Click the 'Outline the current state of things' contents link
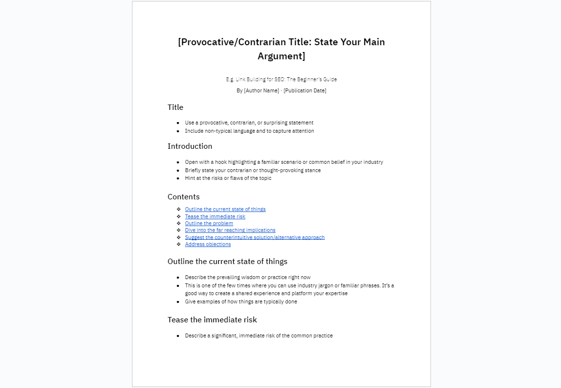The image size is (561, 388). coord(225,210)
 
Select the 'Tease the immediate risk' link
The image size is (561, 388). coord(215,216)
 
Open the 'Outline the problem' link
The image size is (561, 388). coord(209,224)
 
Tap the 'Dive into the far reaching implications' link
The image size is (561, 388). coord(230,230)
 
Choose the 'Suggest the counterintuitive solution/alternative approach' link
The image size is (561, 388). coord(254,237)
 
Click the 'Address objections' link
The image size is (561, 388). coord(207,245)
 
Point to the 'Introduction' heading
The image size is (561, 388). coord(190,146)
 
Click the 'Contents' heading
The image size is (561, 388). coord(184,197)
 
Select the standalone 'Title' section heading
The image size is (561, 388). coord(175,107)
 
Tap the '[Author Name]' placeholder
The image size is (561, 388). coord(262,91)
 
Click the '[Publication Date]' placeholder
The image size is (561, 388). coord(305,91)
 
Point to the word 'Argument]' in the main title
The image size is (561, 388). coord(281,56)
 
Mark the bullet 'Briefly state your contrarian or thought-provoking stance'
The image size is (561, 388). coord(252,170)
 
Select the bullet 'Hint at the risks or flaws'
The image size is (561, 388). coord(228,178)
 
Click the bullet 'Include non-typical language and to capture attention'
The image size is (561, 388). coord(249,131)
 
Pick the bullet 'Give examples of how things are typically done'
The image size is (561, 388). coord(241,302)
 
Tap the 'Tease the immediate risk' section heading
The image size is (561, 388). coord(212,320)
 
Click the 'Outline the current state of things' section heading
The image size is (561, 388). coord(227,262)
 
